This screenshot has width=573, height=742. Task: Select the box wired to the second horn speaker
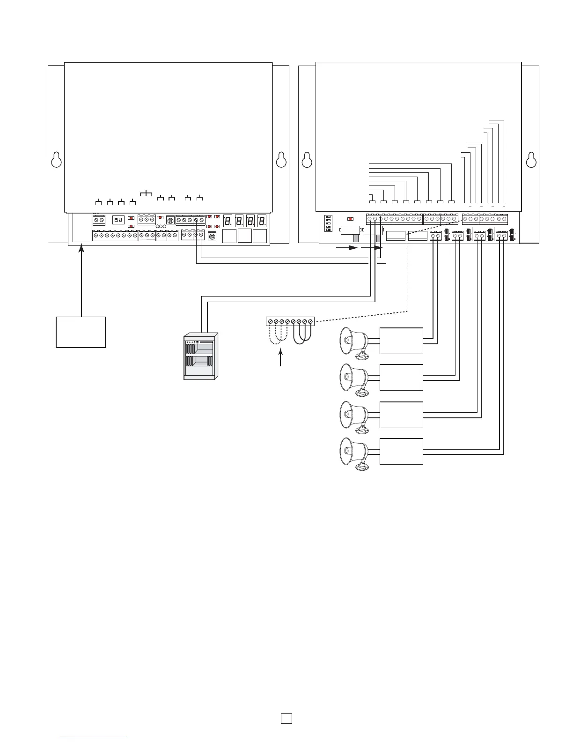(x=401, y=377)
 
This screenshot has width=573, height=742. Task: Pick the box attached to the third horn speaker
(x=401, y=415)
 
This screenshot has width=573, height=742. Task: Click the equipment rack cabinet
(x=201, y=356)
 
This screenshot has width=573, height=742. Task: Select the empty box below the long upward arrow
(x=81, y=332)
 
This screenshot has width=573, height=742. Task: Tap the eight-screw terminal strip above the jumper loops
(x=290, y=321)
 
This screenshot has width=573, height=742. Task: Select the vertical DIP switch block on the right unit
(x=328, y=223)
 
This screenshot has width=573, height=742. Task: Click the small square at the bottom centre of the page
(x=286, y=718)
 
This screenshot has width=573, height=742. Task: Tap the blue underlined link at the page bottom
(x=93, y=738)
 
